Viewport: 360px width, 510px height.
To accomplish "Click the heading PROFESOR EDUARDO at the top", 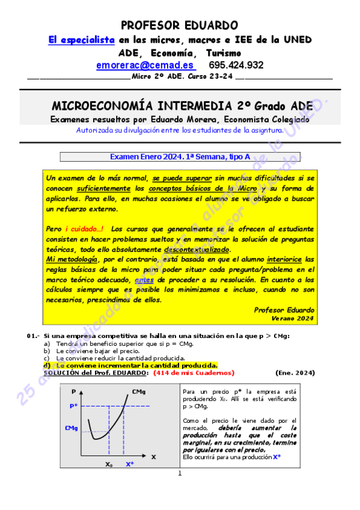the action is [x=179, y=25].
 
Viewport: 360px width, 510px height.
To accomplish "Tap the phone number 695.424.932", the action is [x=236, y=65].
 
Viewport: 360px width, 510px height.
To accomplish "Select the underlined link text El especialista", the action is [x=81, y=40].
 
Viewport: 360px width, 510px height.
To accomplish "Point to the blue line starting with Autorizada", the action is [x=180, y=130].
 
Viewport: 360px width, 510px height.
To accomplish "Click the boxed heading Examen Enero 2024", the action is [x=180, y=157].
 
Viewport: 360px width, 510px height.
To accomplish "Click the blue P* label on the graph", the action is [x=75, y=406].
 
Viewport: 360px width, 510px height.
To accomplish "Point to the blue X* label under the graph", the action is [x=130, y=464].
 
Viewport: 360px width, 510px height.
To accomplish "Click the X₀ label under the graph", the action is [x=109, y=464].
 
